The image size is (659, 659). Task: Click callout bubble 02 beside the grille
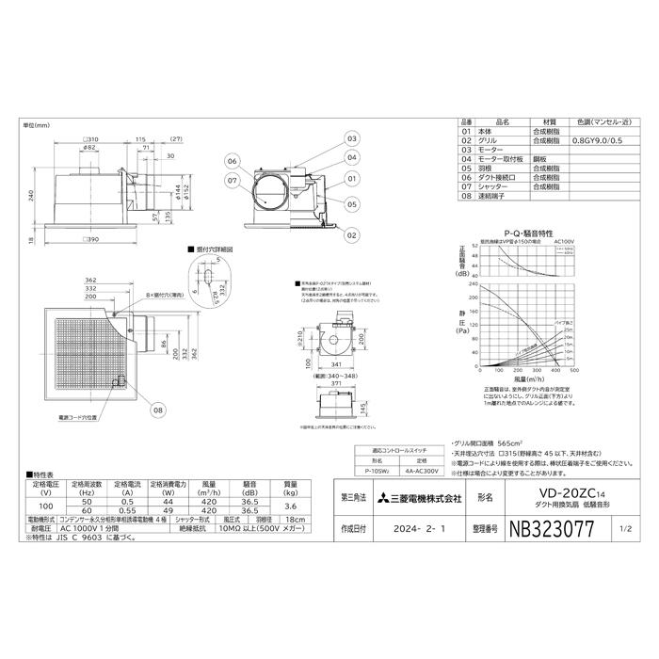(351, 234)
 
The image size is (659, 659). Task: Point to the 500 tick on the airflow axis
(573, 371)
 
